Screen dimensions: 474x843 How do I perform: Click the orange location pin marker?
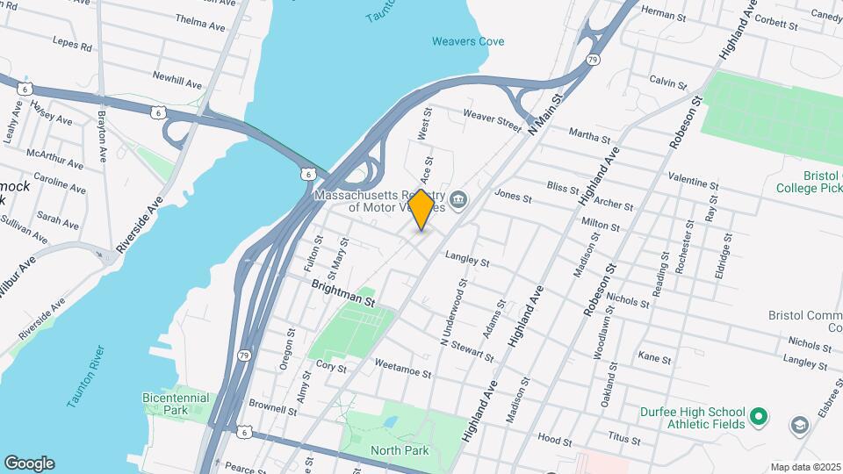421,210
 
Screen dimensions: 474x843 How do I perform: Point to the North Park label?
399,450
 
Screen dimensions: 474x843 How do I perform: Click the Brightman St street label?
343,294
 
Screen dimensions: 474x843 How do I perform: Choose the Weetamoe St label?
403,369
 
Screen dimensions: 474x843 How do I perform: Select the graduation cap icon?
800,426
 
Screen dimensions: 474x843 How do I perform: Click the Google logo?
29,463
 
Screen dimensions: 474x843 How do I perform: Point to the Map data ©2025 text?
805,467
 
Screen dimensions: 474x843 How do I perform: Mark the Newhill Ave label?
177,80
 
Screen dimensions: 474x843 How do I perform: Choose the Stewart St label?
474,352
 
